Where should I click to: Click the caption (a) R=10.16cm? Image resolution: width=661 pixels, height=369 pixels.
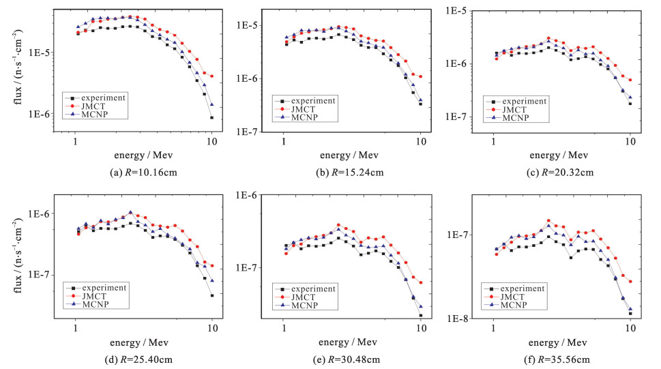pos(145,173)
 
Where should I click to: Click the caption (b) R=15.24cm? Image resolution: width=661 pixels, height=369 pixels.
pos(353,173)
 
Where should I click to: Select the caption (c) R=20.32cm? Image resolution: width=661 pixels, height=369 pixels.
pos(561,173)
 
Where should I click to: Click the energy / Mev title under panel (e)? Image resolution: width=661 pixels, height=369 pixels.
pos(353,342)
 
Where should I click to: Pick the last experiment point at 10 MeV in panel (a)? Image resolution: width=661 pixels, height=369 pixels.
pos(212,118)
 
